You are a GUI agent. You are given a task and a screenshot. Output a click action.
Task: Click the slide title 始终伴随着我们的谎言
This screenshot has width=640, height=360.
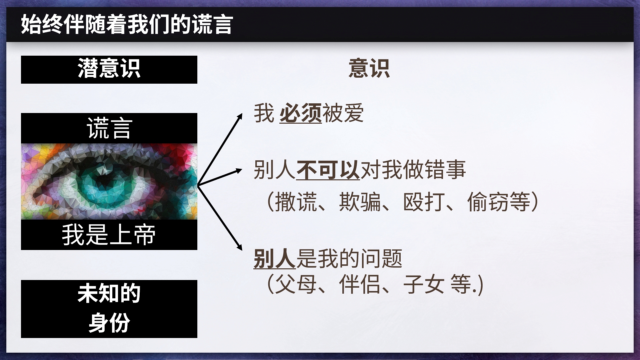(x=127, y=25)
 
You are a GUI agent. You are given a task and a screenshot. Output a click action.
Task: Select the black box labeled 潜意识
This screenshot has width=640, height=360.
(x=109, y=69)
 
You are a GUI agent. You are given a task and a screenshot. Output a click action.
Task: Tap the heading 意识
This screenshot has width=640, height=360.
(x=369, y=69)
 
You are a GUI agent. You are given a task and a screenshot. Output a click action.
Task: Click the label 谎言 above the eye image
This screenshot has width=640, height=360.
(x=109, y=128)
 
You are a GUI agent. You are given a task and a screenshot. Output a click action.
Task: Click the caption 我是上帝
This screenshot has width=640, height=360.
(x=109, y=235)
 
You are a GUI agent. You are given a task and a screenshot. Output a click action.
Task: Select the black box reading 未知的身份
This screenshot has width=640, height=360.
(x=109, y=309)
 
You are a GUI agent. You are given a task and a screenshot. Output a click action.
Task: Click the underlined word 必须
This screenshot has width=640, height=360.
(x=301, y=113)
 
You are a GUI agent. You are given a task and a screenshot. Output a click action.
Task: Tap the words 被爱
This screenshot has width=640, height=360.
(x=343, y=113)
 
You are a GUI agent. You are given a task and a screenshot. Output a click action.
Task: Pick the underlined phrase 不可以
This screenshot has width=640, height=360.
(x=328, y=170)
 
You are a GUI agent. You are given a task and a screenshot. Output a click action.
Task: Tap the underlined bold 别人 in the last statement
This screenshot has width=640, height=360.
(x=275, y=259)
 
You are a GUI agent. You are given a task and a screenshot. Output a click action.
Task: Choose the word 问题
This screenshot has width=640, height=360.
(x=381, y=259)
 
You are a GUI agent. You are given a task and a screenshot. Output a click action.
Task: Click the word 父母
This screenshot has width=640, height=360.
(x=296, y=284)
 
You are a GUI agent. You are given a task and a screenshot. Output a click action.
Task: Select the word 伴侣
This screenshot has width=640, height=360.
(x=360, y=284)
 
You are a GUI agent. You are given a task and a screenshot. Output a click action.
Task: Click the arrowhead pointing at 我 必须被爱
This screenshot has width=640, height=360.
(x=240, y=116)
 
